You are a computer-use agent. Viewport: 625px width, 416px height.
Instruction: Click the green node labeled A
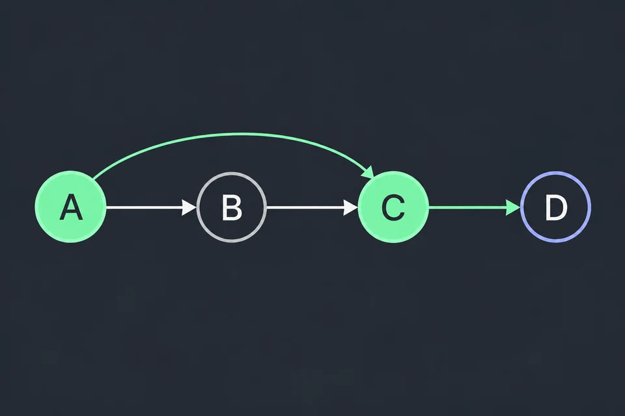pyautogui.click(x=70, y=207)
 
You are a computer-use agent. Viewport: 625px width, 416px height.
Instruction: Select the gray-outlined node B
pyautogui.click(x=232, y=207)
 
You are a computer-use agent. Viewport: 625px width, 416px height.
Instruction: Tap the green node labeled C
pyautogui.click(x=393, y=207)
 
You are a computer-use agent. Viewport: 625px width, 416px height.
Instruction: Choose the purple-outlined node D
pyautogui.click(x=555, y=207)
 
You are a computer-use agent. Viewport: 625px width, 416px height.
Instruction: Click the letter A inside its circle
pyautogui.click(x=71, y=207)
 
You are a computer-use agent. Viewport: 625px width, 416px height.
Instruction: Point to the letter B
pyautogui.click(x=232, y=207)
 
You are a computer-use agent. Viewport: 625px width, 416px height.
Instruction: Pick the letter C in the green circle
pyautogui.click(x=393, y=207)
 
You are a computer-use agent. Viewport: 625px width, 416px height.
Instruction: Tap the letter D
pyautogui.click(x=556, y=207)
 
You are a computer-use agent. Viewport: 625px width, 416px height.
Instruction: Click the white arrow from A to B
pyautogui.click(x=152, y=207)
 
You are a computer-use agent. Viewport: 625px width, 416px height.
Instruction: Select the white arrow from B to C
pyautogui.click(x=312, y=207)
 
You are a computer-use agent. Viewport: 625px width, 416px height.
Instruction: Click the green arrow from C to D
pyautogui.click(x=475, y=207)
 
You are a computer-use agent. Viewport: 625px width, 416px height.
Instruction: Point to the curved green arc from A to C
pyautogui.click(x=239, y=135)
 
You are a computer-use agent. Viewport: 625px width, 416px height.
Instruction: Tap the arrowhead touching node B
pyautogui.click(x=189, y=207)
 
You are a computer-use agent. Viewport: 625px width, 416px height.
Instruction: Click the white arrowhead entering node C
pyautogui.click(x=350, y=207)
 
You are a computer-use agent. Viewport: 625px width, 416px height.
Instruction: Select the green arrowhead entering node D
pyautogui.click(x=512, y=207)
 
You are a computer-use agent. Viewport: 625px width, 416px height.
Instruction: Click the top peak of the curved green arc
pyautogui.click(x=239, y=135)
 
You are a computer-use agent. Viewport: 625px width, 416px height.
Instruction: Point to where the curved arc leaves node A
pyautogui.click(x=93, y=178)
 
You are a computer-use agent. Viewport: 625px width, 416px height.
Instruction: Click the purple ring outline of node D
pyautogui.click(x=555, y=173)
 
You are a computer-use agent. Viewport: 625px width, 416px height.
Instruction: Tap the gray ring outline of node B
pyautogui.click(x=232, y=173)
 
